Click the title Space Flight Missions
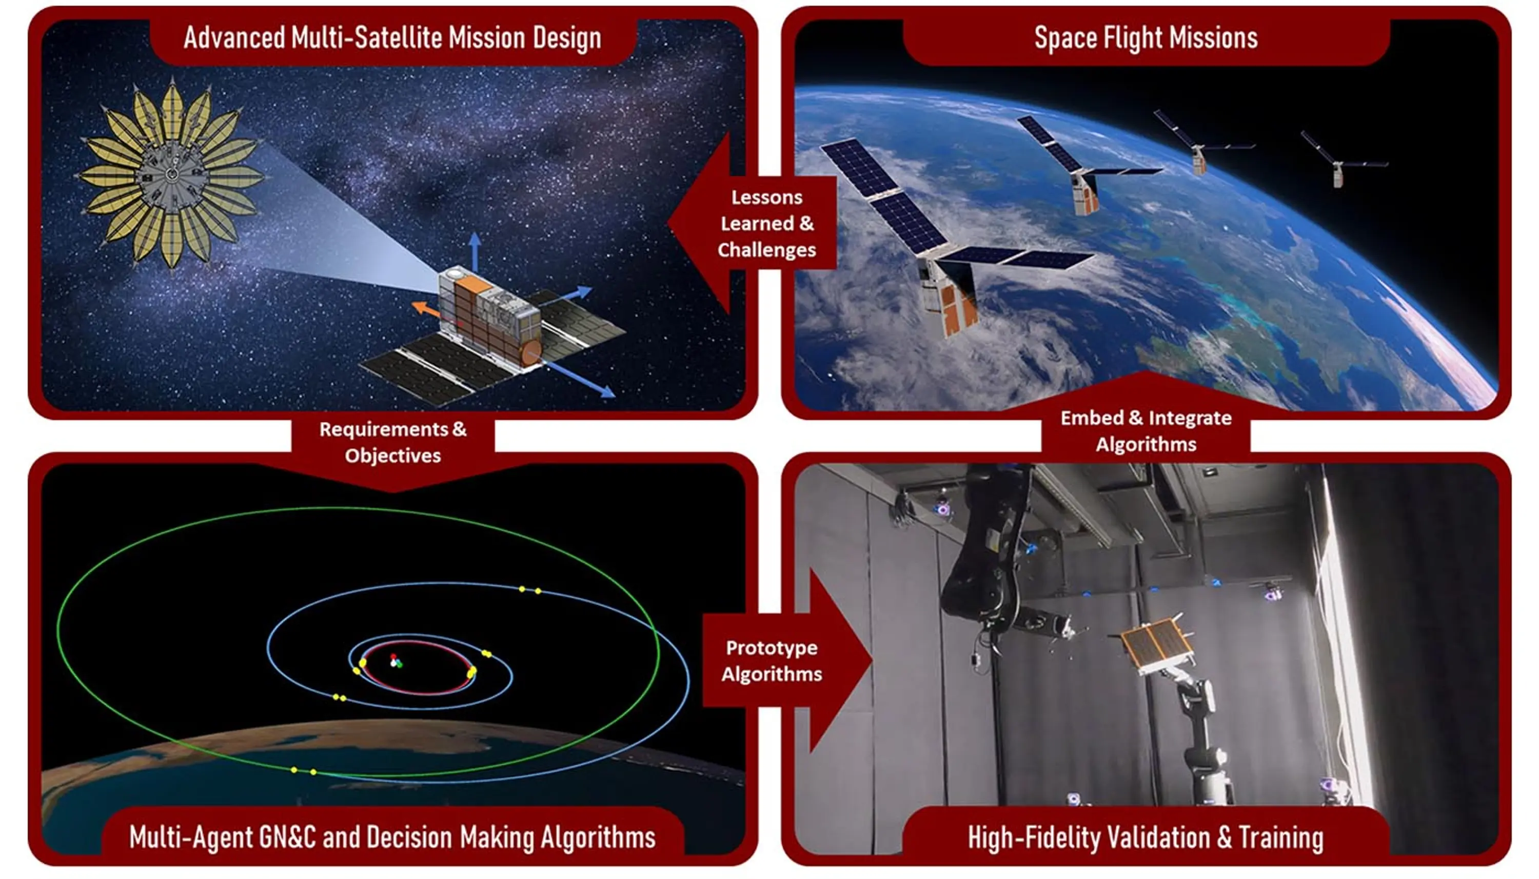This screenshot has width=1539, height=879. (x=1146, y=37)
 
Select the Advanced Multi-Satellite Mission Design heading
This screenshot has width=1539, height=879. (x=392, y=37)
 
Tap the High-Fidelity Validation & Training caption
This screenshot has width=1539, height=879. (x=1146, y=837)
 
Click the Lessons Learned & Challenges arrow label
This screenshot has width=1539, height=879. (x=766, y=224)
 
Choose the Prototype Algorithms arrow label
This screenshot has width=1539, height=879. (x=772, y=661)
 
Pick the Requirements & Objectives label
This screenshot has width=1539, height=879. (x=392, y=442)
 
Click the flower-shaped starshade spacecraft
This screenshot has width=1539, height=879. (x=171, y=175)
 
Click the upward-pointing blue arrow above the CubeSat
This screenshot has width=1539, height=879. (x=475, y=252)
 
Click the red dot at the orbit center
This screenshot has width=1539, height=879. (x=393, y=656)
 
